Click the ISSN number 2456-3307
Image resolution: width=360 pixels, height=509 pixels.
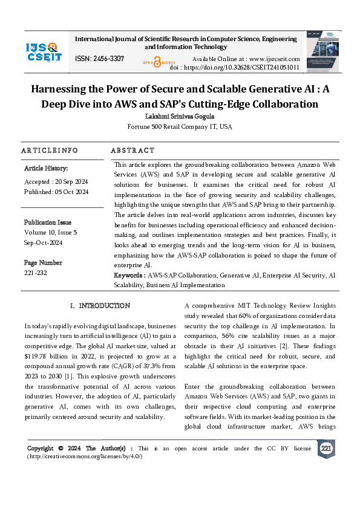click(99, 58)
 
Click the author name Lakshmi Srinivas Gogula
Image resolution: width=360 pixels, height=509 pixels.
click(180, 115)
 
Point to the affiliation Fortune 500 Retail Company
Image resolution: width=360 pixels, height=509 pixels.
click(180, 127)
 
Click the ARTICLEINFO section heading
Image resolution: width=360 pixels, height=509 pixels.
click(50, 150)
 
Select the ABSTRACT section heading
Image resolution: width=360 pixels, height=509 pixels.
click(133, 150)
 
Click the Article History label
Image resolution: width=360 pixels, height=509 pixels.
click(46, 168)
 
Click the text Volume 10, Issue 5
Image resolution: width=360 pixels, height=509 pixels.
click(50, 232)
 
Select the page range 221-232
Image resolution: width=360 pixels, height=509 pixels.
click(36, 273)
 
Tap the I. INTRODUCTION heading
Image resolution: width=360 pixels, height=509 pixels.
click(100, 306)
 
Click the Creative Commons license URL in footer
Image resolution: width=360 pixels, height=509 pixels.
click(85, 456)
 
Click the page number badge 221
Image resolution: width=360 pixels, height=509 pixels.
click(326, 449)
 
